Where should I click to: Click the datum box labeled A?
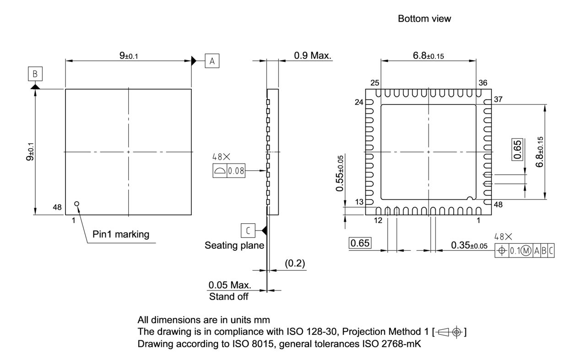pos(212,60)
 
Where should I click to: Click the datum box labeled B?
pos(35,73)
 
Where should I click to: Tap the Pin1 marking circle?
pos(77,204)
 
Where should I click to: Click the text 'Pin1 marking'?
pos(121,235)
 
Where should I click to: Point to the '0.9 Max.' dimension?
pos(313,55)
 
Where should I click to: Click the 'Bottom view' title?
pos(418,19)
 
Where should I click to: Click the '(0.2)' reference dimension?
pos(295,264)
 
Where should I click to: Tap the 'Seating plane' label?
pos(234,246)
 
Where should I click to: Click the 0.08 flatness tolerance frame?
pos(229,171)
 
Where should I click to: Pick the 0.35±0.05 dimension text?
pos(469,246)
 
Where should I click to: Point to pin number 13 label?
pos(359,202)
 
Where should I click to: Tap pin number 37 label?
pos(499,99)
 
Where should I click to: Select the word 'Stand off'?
pos(229,296)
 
